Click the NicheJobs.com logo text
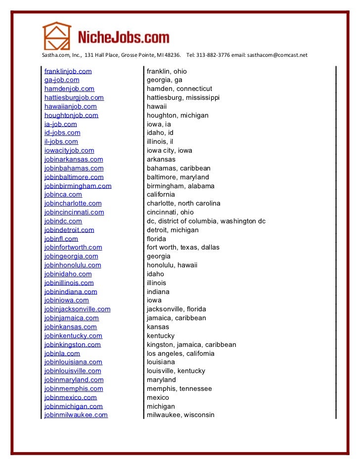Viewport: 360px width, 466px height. pyautogui.click(x=124, y=38)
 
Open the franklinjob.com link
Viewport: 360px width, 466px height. pyautogui.click(x=68, y=71)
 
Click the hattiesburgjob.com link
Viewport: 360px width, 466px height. pyautogui.click(x=74, y=98)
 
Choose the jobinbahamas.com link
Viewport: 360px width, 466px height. pyautogui.click(x=74, y=168)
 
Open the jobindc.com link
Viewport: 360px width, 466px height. pyautogui.click(x=63, y=221)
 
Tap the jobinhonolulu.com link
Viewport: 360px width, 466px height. pyautogui.click(x=72, y=265)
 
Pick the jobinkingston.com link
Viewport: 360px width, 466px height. pyautogui.click(x=72, y=344)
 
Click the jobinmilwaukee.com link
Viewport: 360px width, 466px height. pyautogui.click(x=76, y=415)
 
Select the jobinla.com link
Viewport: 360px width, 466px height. pyautogui.click(x=62, y=353)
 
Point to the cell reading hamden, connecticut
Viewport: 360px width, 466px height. pyautogui.click(x=179, y=89)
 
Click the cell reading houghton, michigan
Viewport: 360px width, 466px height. pyautogui.click(x=178, y=115)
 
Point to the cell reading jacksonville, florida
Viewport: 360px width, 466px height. pyautogui.click(x=176, y=309)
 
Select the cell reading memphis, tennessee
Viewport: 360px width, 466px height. pyautogui.click(x=179, y=388)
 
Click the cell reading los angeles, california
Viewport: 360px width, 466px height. pyautogui.click(x=180, y=353)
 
